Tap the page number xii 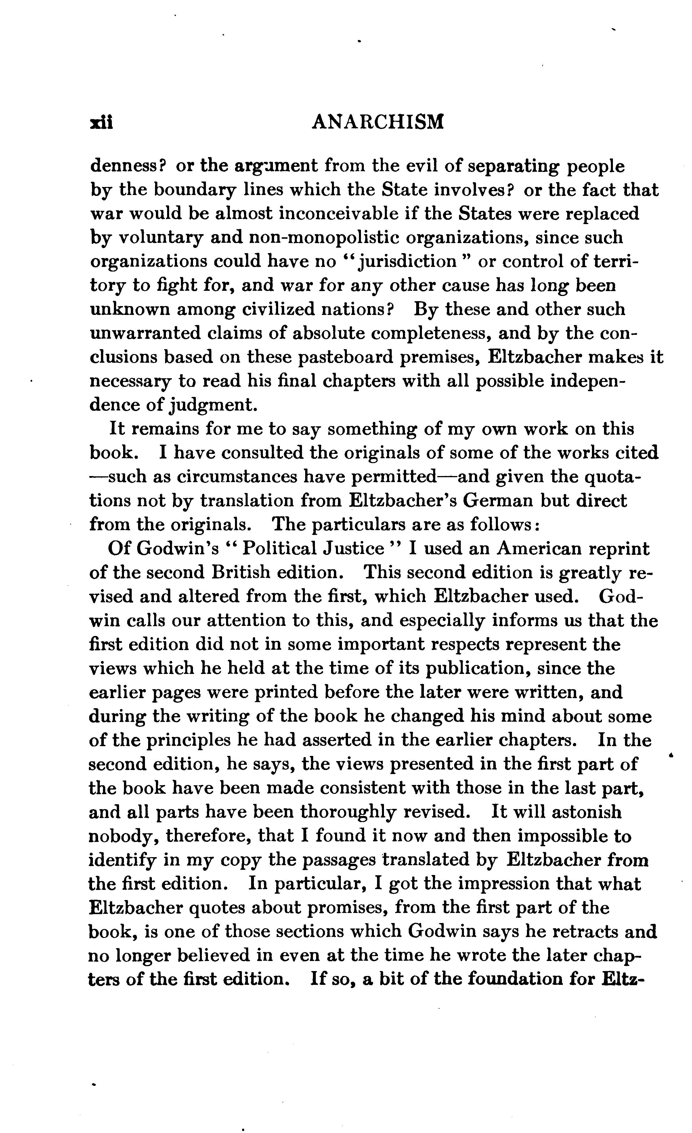click(x=102, y=123)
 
